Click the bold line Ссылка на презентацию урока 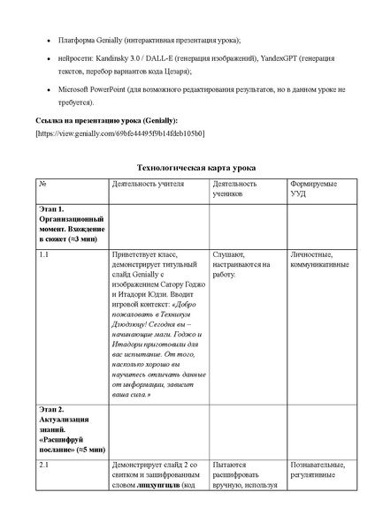point(105,119)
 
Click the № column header point(43,184)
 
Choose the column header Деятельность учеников point(235,188)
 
